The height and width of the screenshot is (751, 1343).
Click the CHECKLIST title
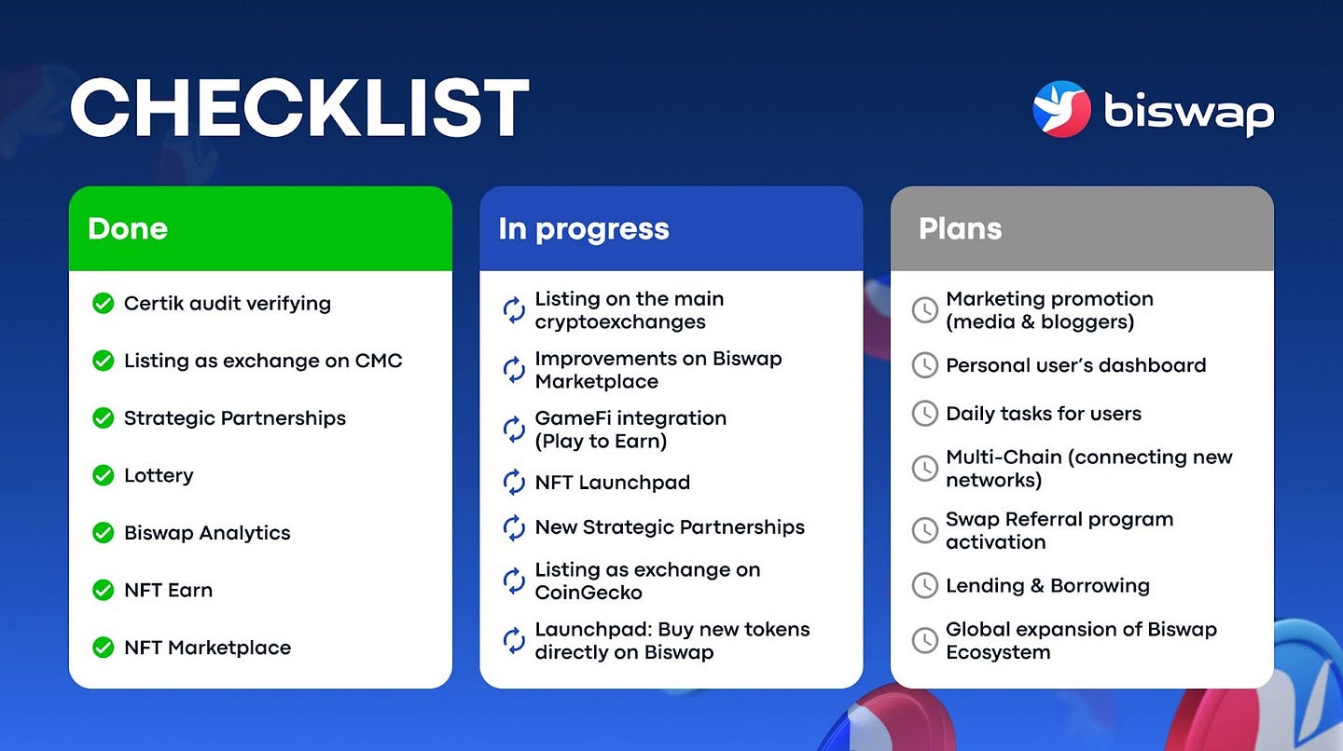click(299, 108)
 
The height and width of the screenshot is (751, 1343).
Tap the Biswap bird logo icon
click(1061, 109)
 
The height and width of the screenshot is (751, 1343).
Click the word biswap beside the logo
click(1189, 114)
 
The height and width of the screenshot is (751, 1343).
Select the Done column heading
click(128, 229)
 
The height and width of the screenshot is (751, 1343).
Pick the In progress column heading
click(584, 230)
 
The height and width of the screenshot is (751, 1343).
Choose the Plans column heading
click(960, 229)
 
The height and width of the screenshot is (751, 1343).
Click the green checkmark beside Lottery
click(104, 475)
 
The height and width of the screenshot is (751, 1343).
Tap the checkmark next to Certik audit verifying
click(104, 304)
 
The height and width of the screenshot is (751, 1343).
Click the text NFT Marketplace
click(207, 648)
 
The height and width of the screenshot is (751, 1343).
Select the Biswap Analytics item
click(207, 533)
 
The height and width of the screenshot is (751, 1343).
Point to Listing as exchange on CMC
click(263, 361)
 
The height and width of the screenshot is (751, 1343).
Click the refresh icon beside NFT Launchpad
click(514, 482)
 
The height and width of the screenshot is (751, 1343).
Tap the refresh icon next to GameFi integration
click(514, 430)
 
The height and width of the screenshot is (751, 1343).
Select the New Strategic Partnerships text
click(670, 527)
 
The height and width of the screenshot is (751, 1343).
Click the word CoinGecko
click(588, 593)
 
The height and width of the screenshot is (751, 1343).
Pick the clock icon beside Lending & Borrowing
click(925, 586)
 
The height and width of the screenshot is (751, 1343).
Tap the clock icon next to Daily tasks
click(925, 414)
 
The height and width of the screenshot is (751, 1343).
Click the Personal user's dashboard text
click(1075, 365)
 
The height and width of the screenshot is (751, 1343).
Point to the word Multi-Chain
click(1004, 457)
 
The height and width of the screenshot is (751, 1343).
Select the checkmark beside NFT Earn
click(104, 590)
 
